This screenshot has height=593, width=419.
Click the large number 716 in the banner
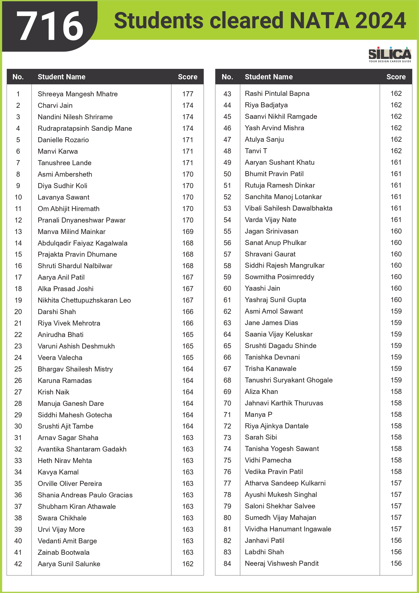50,26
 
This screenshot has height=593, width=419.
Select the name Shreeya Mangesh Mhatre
77,94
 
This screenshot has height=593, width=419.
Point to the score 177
188,94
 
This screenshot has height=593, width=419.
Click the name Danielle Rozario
63,140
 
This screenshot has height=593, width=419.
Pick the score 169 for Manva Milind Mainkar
188,232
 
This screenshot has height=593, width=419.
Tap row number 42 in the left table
18,564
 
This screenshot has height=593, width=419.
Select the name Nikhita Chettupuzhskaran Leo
84,300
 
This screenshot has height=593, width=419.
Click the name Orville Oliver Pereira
70,484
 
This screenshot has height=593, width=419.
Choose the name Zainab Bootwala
64,552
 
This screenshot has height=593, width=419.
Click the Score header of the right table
396,77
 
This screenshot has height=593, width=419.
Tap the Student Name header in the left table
61,77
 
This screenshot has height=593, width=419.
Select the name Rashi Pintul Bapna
277,93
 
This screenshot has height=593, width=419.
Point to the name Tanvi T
256,151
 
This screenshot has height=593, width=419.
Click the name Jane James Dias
271,323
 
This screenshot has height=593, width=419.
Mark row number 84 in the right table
227,564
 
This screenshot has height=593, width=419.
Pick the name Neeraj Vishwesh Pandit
282,564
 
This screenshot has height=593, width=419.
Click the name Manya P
258,414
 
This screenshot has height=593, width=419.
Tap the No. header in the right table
227,77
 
